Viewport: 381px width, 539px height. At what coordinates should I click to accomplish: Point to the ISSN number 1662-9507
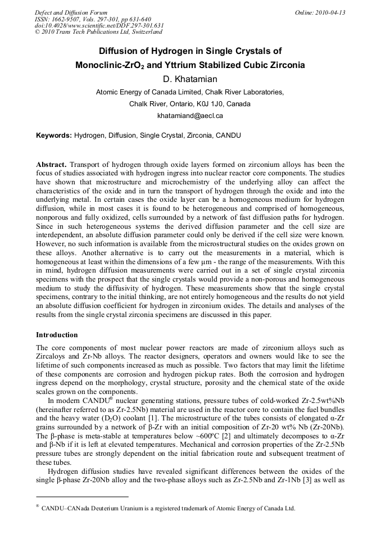[70, 19]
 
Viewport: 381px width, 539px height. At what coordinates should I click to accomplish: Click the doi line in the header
[99, 26]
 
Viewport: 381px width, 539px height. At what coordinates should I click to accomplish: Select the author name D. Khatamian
[190, 79]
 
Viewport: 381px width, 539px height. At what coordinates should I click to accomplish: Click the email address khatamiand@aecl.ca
[190, 116]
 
